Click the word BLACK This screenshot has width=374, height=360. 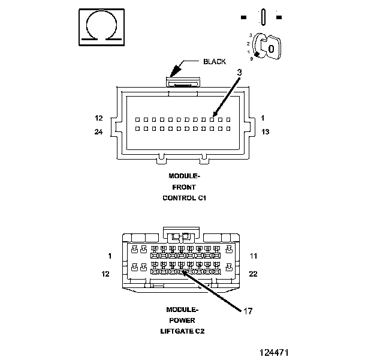coord(215,62)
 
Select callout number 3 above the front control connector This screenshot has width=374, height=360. coord(240,73)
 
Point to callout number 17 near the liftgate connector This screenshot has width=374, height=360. coord(248,311)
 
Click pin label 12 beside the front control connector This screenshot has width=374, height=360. coord(98,118)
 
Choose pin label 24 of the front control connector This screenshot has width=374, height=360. coord(98,131)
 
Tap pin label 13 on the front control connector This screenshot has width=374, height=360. coord(266,131)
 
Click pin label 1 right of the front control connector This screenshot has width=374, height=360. coord(263,118)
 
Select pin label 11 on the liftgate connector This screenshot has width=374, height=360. coord(254,256)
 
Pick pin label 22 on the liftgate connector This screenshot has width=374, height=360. coord(254,274)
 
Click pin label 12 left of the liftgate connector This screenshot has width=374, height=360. coord(105,274)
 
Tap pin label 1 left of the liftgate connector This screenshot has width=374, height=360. coord(110,256)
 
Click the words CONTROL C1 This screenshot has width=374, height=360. coord(185,198)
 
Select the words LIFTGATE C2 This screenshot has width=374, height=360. coord(182,331)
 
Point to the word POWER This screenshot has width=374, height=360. coord(182,320)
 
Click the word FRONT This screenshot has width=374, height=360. coord(184,187)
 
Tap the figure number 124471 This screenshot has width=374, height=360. coord(274,353)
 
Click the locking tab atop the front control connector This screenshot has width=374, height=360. coord(183,82)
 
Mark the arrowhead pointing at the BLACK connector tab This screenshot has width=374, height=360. coord(175,71)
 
